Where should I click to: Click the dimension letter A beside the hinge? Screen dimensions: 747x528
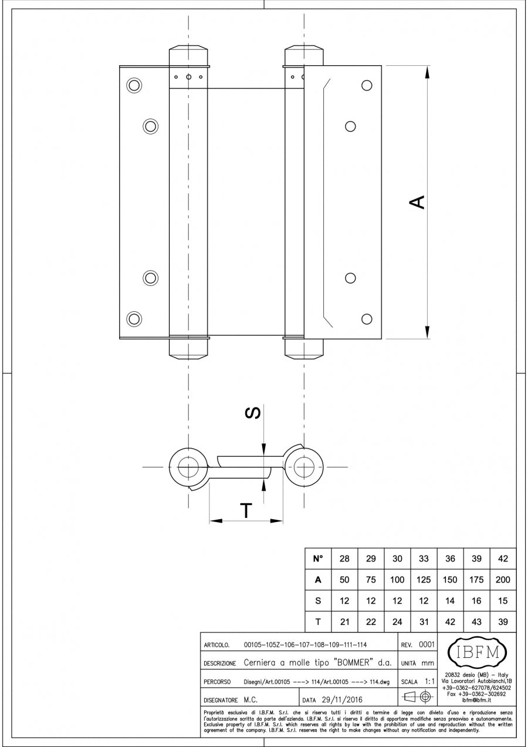point(417,202)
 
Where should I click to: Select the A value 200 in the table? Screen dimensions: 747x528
point(503,580)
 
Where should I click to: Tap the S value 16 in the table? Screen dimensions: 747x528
point(476,601)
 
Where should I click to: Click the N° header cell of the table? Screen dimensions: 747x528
point(318,558)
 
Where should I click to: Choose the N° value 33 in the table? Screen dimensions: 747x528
point(424,558)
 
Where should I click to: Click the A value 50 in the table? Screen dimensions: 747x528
point(344,580)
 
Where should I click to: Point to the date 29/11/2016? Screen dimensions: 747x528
point(341,699)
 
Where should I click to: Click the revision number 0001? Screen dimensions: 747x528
point(426,644)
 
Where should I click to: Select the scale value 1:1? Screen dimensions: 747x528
point(429,682)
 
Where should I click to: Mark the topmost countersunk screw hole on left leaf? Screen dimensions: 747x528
point(134,85)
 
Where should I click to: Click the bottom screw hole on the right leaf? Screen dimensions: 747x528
point(367,319)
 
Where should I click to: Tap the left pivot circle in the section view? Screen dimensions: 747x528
point(188,467)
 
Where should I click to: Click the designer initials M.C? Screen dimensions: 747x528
point(251,700)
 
